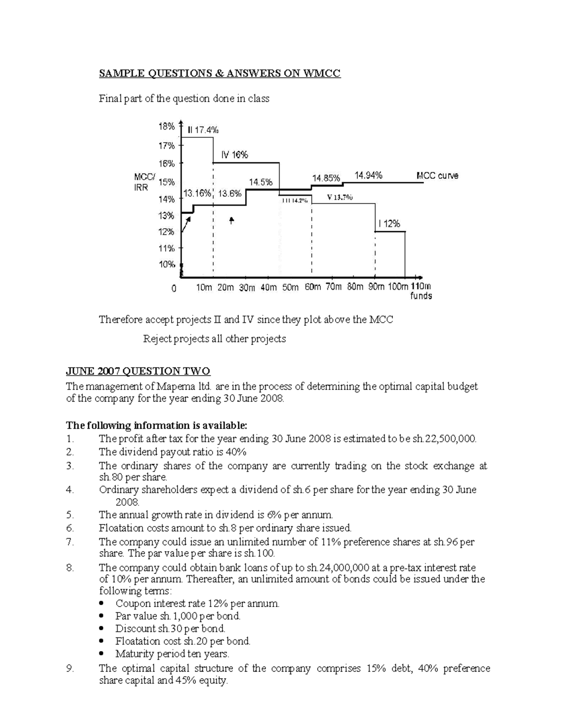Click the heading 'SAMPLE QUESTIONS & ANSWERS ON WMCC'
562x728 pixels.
[219, 74]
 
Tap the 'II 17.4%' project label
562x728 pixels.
[202, 130]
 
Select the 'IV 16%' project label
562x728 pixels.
[234, 155]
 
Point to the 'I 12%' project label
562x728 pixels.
[389, 224]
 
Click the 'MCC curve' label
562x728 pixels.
[437, 176]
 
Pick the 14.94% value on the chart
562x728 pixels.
[368, 175]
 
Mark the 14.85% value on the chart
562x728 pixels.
[326, 178]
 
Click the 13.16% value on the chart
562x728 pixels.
[197, 193]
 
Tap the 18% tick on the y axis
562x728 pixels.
[166, 127]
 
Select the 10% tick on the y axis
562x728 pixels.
[166, 264]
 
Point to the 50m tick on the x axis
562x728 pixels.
[290, 287]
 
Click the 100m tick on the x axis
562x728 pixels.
[398, 287]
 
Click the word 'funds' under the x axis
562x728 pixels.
[421, 296]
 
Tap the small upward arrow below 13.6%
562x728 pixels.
[231, 220]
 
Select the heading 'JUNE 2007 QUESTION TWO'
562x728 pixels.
[138, 372]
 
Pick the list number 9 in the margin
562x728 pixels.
[70, 669]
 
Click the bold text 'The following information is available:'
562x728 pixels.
[156, 426]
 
